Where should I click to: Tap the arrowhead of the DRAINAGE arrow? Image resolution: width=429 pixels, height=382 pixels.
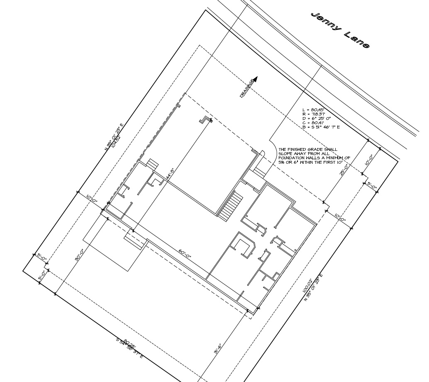[x=256, y=79]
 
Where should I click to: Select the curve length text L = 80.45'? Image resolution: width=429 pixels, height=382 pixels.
[x=313, y=110]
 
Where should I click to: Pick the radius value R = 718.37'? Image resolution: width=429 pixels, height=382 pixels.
[x=314, y=115]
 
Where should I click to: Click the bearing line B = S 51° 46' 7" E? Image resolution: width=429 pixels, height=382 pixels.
[x=322, y=127]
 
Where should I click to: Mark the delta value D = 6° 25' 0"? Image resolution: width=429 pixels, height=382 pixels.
[x=317, y=119]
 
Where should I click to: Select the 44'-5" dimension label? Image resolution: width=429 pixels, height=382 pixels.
[x=169, y=172]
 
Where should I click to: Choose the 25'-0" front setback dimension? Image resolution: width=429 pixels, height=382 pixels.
[x=344, y=169]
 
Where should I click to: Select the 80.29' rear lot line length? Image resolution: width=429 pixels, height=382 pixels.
[x=130, y=343]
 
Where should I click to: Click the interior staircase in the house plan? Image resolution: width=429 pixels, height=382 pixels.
[x=230, y=205]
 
